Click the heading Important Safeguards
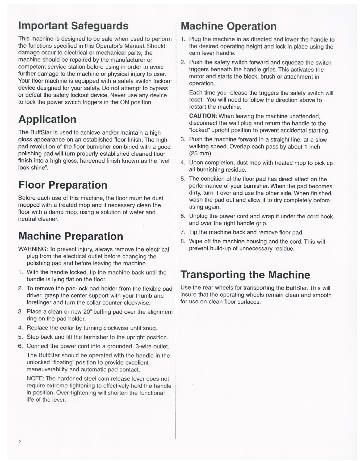tap(73, 26)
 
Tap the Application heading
tap(47, 119)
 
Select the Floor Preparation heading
tap(63, 185)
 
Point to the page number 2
tap(19, 442)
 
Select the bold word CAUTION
tap(203, 116)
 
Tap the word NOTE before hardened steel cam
tap(33, 379)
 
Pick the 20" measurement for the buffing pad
tap(87, 312)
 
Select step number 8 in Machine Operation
tap(183, 242)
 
